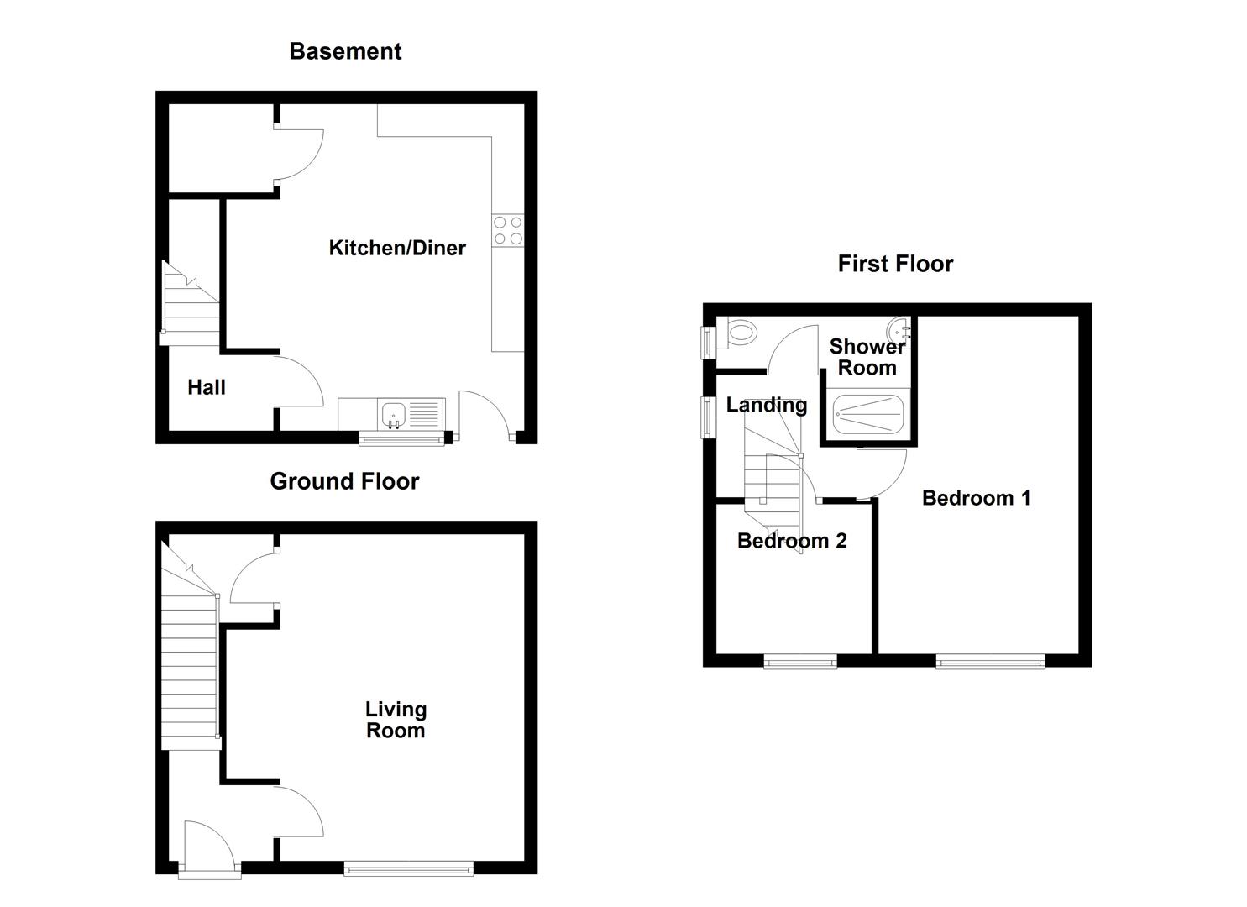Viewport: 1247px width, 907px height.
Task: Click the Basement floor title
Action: pyautogui.click(x=345, y=51)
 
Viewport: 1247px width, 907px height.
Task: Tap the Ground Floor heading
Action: pyautogui.click(x=344, y=481)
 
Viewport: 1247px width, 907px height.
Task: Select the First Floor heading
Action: pyautogui.click(x=895, y=264)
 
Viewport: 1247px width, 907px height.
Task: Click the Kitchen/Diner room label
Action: pyautogui.click(x=396, y=248)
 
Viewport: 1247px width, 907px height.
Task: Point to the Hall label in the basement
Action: pyautogui.click(x=207, y=387)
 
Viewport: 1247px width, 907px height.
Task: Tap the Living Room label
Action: pyautogui.click(x=396, y=720)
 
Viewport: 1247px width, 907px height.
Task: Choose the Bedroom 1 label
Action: pyautogui.click(x=976, y=498)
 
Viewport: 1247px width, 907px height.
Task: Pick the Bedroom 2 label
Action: pyautogui.click(x=792, y=541)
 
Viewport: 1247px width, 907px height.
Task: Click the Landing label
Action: pyautogui.click(x=766, y=405)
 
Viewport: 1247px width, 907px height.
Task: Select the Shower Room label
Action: pyautogui.click(x=867, y=357)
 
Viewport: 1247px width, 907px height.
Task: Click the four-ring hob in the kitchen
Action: pyautogui.click(x=508, y=231)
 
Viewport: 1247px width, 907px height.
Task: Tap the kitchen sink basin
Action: pyautogui.click(x=393, y=414)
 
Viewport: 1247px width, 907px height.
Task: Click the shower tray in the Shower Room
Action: pyautogui.click(x=867, y=414)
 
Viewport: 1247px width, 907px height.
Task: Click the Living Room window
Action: pyautogui.click(x=409, y=869)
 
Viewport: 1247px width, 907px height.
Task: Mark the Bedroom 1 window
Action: pyautogui.click(x=991, y=662)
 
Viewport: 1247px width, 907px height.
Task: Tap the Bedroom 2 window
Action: pyautogui.click(x=800, y=662)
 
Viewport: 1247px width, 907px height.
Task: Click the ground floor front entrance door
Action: pyautogui.click(x=209, y=850)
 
